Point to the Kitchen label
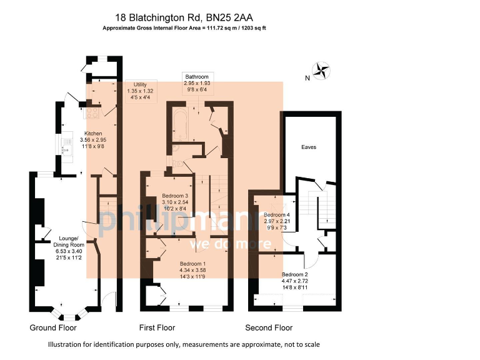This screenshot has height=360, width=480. coord(94,133)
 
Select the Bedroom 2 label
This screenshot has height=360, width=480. coord(294,274)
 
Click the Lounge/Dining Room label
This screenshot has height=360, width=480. coord(68,239)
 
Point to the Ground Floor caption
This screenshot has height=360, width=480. coord(53,327)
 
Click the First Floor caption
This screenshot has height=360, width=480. coord(156,327)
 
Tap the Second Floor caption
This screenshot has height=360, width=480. coord(269,327)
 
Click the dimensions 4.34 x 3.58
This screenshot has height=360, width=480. coord(192,271)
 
